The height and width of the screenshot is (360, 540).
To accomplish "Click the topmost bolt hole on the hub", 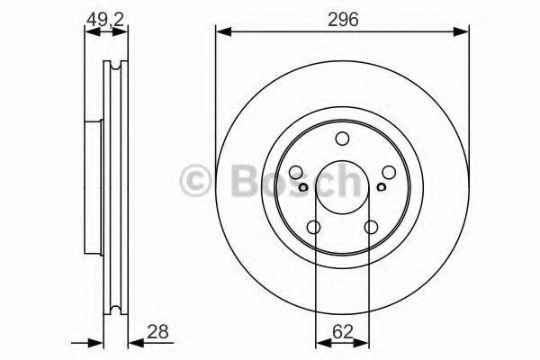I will (342, 139).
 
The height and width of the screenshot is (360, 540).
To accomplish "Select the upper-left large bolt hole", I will (297, 173).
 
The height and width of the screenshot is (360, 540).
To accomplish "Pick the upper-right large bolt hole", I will (388, 173).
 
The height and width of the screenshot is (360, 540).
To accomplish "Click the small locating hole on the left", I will (304, 187).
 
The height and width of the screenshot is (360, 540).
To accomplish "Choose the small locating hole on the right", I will (381, 187).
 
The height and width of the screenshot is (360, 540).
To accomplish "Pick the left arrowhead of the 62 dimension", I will (319, 342).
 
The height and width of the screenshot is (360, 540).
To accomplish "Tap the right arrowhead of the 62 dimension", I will (365, 342).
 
